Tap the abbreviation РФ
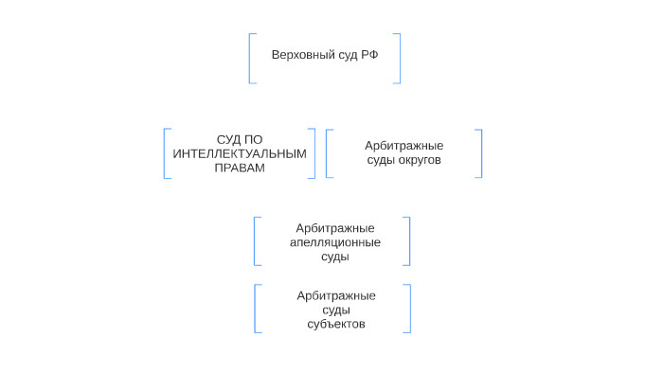[x=370, y=55]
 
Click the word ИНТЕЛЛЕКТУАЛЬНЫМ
[x=240, y=153]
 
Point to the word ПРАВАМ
[x=239, y=168]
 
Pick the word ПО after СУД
[x=253, y=139]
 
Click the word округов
[x=420, y=160]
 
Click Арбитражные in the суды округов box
[x=404, y=146]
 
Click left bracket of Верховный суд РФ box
[x=251, y=59]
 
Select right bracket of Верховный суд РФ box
[x=399, y=59]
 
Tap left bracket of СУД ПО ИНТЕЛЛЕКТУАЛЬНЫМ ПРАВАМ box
[x=166, y=153]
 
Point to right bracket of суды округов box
[x=480, y=153]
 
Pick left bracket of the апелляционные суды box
[x=256, y=241]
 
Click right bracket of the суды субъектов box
[x=409, y=309]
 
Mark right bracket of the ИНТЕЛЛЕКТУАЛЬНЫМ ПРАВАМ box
[x=314, y=153]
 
